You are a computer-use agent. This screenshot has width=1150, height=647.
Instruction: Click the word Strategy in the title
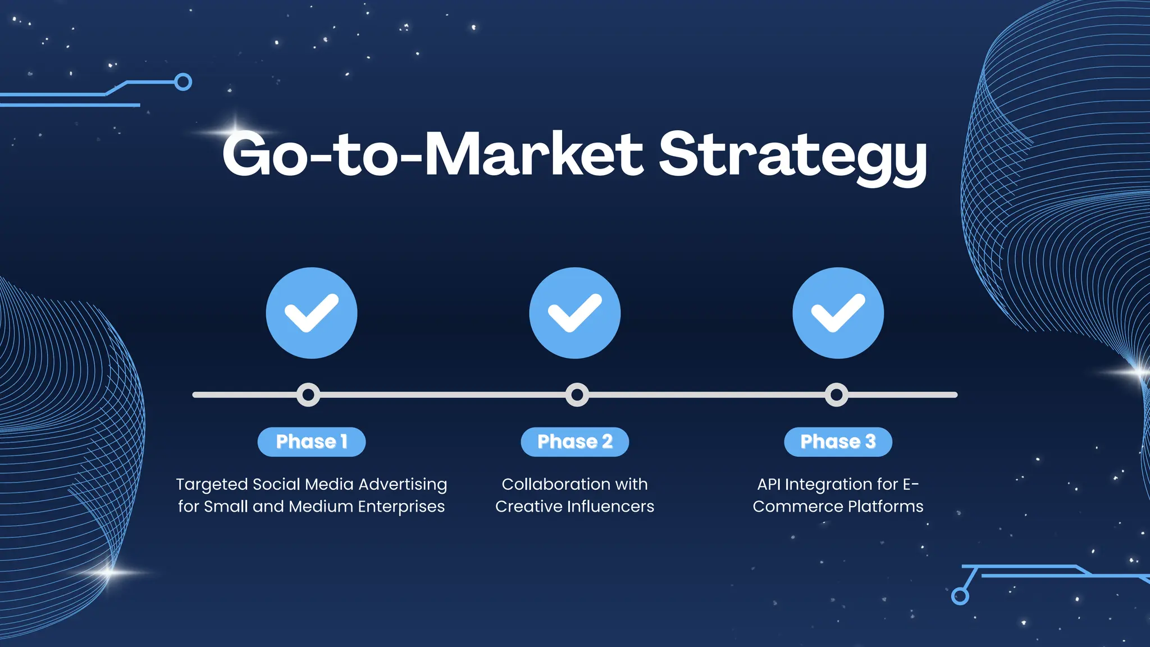coord(792,154)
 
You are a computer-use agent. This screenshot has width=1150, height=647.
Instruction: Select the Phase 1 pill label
coord(312,442)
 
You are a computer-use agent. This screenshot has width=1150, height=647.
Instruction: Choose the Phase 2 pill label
coord(574,442)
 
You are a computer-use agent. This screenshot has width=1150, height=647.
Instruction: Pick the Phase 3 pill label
coord(838,442)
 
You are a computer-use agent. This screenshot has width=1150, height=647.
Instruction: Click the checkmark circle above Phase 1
coord(312,313)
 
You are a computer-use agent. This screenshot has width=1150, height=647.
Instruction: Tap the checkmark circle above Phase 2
coord(574,313)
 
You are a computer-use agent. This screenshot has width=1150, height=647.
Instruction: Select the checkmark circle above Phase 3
coord(838,313)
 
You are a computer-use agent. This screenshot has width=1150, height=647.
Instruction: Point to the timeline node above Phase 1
coord(308,395)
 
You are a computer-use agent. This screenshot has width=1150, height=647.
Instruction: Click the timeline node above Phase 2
coord(577,395)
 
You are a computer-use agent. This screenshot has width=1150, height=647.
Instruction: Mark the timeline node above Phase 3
coord(836,395)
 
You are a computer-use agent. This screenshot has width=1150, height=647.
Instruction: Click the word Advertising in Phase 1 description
coord(403,484)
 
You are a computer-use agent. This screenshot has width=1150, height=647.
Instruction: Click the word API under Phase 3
coord(769,484)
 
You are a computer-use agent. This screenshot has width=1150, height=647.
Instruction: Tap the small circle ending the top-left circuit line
coord(183,82)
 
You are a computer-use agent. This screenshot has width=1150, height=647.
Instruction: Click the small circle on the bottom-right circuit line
coord(960,596)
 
